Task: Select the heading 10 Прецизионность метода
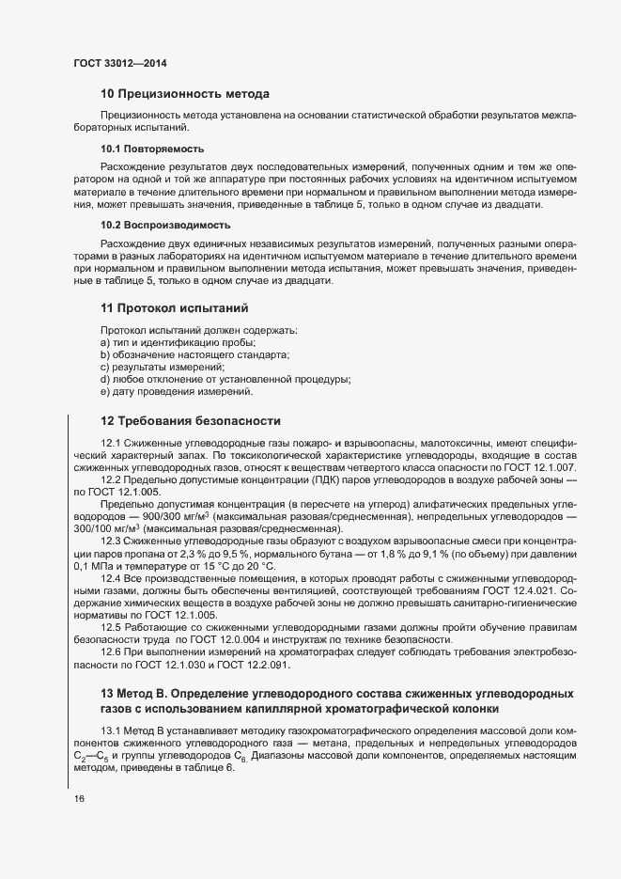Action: point(185,94)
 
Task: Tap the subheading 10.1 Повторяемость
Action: point(152,149)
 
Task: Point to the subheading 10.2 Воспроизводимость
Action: point(165,226)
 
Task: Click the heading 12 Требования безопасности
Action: point(191,420)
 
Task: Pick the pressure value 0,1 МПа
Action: point(96,567)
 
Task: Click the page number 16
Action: point(79,799)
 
